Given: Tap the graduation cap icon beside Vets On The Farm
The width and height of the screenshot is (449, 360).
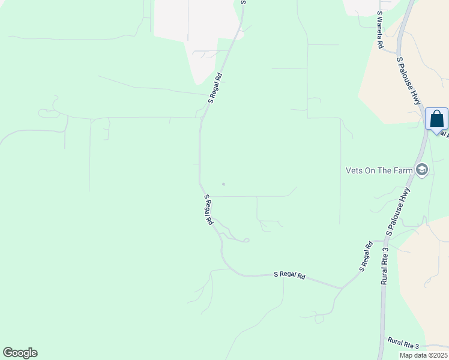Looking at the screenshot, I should tap(422, 170).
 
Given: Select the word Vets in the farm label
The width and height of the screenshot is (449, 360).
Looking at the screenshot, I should tap(355, 170).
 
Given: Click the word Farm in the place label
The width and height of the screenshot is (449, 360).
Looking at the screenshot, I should tap(402, 170).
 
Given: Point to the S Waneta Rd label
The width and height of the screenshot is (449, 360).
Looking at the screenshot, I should tap(380, 29).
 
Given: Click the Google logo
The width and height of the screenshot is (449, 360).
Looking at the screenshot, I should tap(20, 353).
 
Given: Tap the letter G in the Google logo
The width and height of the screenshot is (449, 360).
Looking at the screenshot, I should tap(8, 353).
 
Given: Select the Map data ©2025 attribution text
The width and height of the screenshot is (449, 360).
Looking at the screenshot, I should tap(423, 355).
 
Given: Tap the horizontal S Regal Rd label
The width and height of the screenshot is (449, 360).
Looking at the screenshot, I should tap(290, 275).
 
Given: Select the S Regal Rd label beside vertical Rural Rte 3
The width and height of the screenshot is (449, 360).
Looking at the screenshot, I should tap(366, 256).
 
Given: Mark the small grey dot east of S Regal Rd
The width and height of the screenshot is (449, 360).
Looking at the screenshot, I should tap(223, 184).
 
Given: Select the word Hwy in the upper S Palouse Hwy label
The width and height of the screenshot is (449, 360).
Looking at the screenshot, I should tap(417, 95).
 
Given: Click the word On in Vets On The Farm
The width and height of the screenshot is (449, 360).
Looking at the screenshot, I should tap(373, 170).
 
